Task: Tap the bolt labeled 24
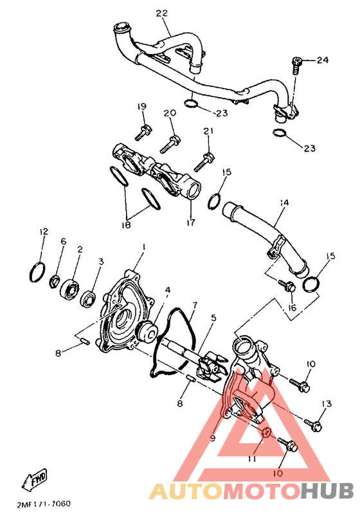(296, 63)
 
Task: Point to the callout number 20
(170, 113)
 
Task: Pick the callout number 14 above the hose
(283, 203)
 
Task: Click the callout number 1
(145, 247)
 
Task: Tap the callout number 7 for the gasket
(194, 304)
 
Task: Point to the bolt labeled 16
(289, 286)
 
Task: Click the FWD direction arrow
(35, 477)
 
